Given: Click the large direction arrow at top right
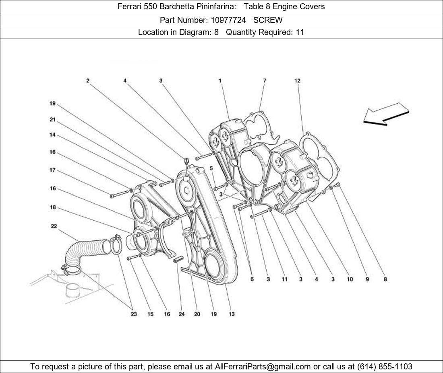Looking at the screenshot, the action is tap(386, 114).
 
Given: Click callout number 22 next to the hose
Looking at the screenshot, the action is tap(54, 226).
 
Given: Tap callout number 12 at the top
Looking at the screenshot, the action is tap(297, 81).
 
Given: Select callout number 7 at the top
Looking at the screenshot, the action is tap(265, 81).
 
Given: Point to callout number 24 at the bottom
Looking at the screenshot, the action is tap(181, 314).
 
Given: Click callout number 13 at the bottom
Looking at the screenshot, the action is tap(232, 314).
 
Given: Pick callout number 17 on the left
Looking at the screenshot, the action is tap(52, 170).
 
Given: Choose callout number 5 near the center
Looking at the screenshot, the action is tap(211, 168).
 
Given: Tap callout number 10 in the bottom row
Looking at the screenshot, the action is tap(350, 279).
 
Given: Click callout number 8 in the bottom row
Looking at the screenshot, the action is tap(385, 279).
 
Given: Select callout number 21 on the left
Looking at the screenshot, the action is tap(52, 119).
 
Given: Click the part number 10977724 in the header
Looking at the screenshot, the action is tap(228, 20).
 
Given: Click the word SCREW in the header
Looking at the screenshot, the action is tap(268, 20).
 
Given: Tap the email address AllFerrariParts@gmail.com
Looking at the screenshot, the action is tap(263, 367).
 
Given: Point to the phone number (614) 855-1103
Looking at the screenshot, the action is tap(385, 367).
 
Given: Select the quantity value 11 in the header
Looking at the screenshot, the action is tap(300, 32).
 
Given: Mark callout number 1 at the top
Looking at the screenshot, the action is tap(220, 81).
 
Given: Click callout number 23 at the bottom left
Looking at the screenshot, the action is tap(134, 314).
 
